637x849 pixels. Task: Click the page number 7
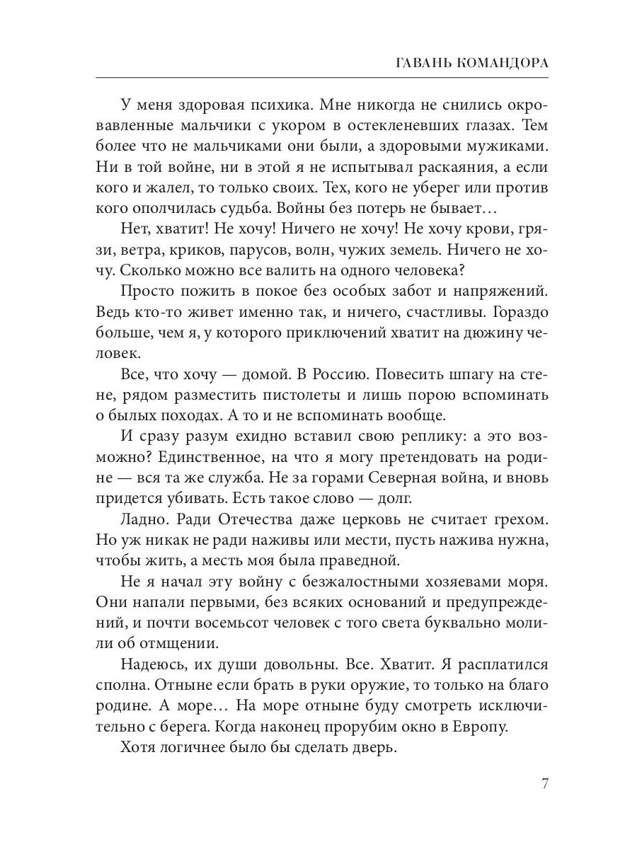tap(545, 784)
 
